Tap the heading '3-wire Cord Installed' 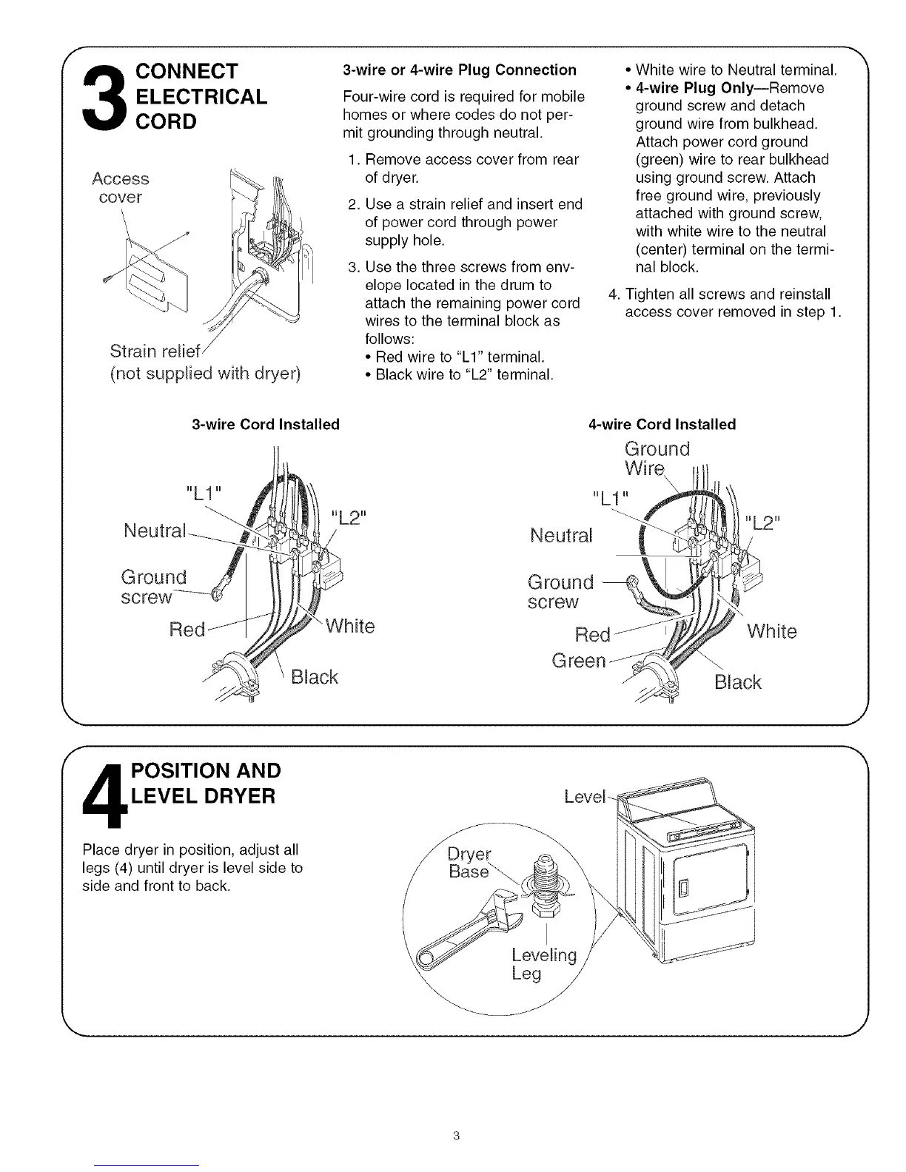click(265, 425)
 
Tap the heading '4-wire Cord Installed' click(662, 425)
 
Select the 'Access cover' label click(120, 188)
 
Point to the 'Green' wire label click(579, 660)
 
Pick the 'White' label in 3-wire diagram click(350, 627)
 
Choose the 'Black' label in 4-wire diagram click(737, 682)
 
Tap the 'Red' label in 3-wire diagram click(187, 630)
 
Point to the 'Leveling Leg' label click(543, 964)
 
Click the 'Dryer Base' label click(469, 862)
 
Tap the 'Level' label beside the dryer click(584, 797)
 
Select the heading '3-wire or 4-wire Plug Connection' click(459, 70)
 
